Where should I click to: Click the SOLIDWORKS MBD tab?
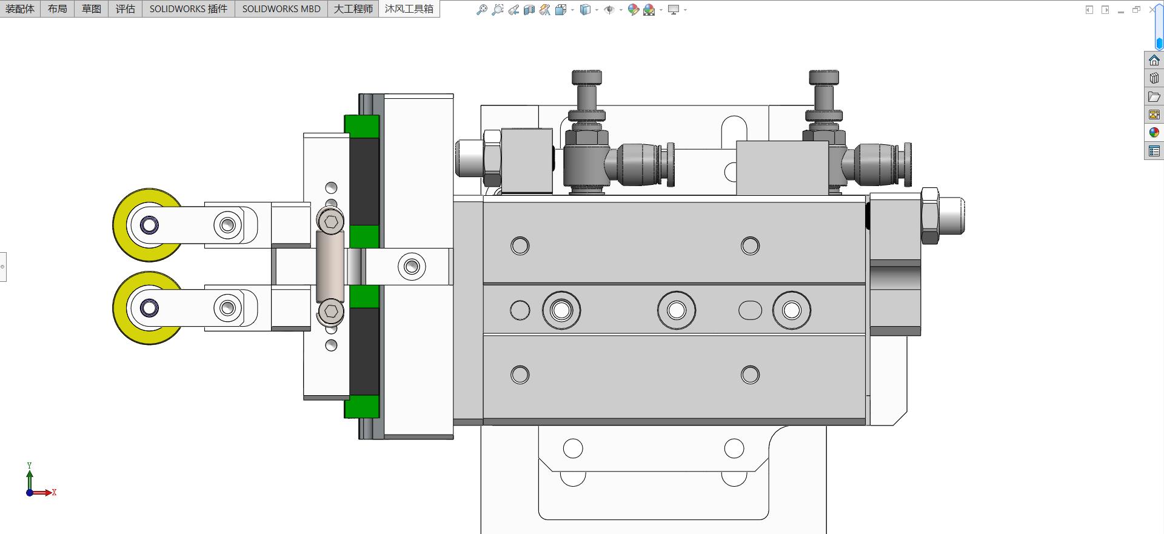[281, 8]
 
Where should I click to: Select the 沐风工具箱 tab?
[409, 8]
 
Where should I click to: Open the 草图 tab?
[92, 8]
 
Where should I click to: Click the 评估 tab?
[125, 8]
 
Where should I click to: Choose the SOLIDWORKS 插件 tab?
[189, 8]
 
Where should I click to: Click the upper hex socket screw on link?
[330, 221]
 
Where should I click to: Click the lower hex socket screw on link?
[331, 312]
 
